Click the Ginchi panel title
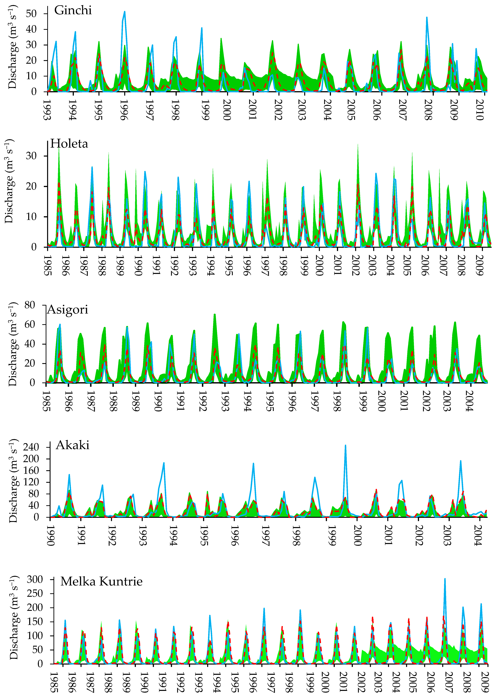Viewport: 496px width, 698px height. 73,11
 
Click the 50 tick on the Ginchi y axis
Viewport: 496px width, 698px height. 31,14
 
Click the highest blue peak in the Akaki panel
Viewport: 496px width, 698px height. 345,445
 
